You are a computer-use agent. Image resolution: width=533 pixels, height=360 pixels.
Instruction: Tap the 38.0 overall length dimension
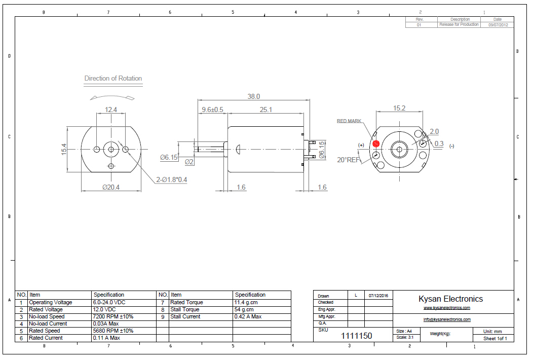pos(253,96)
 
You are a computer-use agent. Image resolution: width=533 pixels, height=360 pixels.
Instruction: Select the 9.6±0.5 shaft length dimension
pos(212,110)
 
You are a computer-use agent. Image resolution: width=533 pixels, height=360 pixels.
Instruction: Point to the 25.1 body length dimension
pos(266,110)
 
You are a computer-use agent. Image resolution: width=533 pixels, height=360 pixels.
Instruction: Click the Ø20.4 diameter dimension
pos(111,187)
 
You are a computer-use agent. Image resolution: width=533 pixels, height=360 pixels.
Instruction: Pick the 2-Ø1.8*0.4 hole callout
pos(171,179)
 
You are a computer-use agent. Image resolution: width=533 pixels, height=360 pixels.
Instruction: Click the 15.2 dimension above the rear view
pos(399,108)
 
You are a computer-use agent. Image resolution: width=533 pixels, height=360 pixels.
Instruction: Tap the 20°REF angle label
pos(348,160)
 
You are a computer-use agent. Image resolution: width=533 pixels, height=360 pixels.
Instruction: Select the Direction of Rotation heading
pos(113,79)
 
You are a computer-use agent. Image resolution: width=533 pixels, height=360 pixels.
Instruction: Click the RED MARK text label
pos(349,121)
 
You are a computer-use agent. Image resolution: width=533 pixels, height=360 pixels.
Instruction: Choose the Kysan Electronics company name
pos(450,299)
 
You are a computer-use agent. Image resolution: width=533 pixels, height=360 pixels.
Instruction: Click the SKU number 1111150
pos(356,336)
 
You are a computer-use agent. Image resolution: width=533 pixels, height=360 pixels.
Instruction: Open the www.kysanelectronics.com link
pos(447,308)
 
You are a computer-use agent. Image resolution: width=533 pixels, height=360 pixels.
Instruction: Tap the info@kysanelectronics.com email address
pos(447,319)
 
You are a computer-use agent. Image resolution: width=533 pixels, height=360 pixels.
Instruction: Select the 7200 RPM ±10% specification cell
pos(113,316)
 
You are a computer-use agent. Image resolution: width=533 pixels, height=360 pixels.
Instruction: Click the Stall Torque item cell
pos(185,309)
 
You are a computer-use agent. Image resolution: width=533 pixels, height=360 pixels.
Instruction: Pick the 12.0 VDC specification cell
pos(104,309)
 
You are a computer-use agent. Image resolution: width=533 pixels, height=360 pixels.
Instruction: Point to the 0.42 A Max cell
pos(248,316)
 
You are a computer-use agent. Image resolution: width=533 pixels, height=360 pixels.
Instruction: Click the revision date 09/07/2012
pos(498,24)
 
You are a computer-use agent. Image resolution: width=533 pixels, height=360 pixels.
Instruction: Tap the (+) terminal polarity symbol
pos(361,145)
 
